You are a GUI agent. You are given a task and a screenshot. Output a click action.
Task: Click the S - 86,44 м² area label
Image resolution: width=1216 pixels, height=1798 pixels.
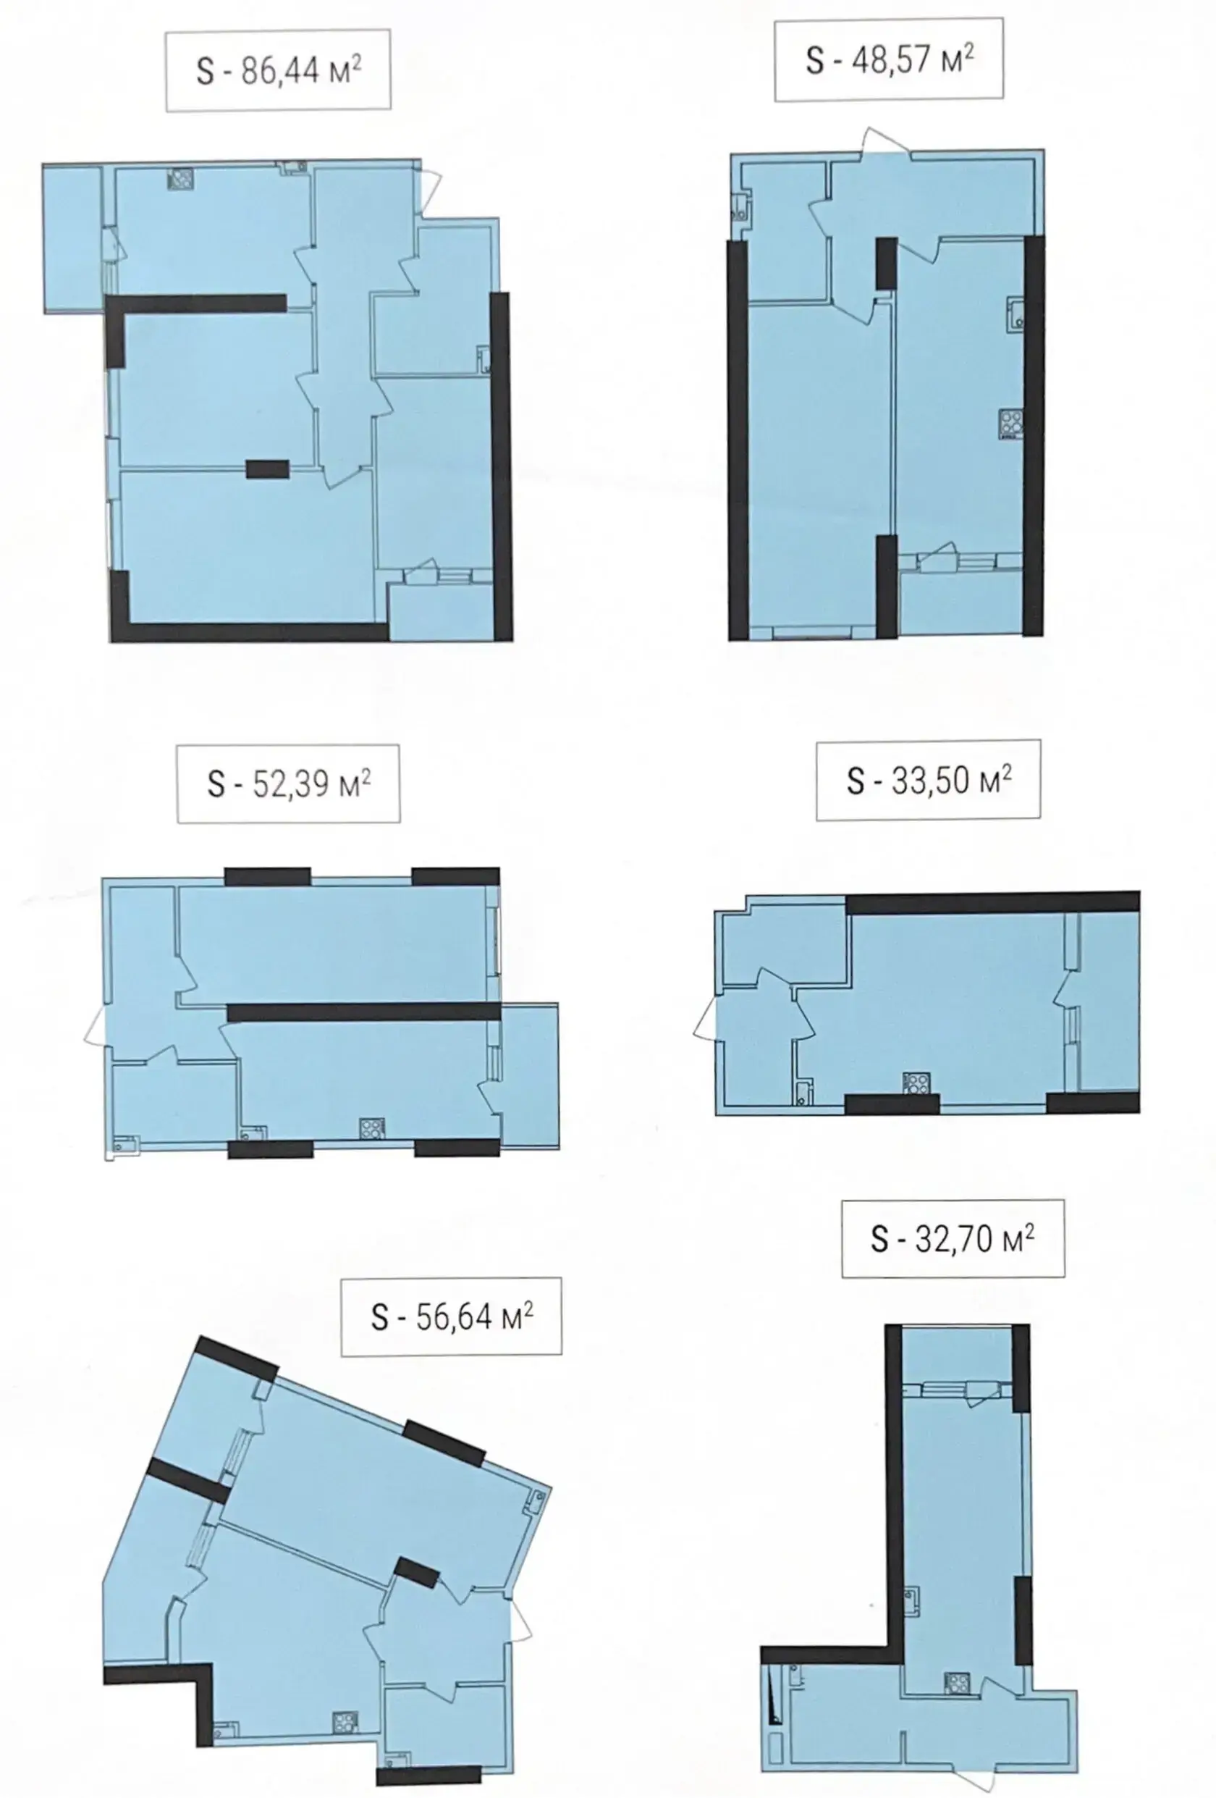pos(279,70)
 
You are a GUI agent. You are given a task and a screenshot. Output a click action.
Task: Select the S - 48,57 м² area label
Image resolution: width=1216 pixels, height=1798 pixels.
pos(890,59)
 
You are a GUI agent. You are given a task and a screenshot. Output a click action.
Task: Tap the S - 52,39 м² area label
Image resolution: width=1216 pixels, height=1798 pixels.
pos(289,784)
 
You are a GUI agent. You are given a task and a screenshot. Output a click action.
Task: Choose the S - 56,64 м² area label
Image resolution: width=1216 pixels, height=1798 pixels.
pos(452,1316)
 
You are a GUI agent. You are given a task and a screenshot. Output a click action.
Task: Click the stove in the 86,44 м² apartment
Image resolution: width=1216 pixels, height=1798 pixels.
pos(180,180)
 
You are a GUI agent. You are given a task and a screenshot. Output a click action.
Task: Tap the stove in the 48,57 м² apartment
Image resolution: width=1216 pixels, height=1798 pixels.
pos(1011,423)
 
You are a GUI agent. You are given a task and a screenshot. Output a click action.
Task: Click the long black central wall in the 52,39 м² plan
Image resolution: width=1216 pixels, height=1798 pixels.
pos(363,1012)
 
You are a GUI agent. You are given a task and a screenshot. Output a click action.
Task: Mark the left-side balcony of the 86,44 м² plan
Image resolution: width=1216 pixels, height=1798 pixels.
pos(72,238)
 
